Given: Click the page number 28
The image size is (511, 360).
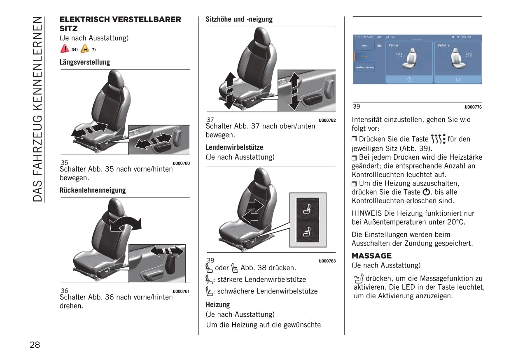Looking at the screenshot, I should click(35, 345).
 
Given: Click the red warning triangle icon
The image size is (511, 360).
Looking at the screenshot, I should click(65, 49).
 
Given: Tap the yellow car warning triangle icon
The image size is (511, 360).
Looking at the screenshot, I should click(85, 49).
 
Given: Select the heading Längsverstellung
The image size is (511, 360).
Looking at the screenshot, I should click(85, 62).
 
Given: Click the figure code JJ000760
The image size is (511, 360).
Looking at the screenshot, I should click(181, 163).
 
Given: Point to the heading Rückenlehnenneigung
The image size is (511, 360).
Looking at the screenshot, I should click(93, 190).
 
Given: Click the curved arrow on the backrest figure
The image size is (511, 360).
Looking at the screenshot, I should click(126, 223).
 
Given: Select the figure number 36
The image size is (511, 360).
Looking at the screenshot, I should click(65, 291).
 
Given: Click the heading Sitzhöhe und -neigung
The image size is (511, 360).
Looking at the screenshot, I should click(239, 19).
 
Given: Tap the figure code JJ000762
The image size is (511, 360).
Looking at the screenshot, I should click(327, 121).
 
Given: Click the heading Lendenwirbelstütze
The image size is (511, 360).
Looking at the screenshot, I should click(234, 147).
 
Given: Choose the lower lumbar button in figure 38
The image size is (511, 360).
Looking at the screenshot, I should click(307, 233).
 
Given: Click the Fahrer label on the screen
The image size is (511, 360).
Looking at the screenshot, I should click(394, 45).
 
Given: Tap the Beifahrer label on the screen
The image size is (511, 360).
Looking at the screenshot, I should click(444, 45).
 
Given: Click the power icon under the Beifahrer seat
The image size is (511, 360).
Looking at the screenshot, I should click(458, 79).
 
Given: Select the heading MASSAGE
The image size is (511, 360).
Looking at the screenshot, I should click(371, 256).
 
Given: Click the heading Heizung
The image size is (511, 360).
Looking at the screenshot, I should click(218, 305).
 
